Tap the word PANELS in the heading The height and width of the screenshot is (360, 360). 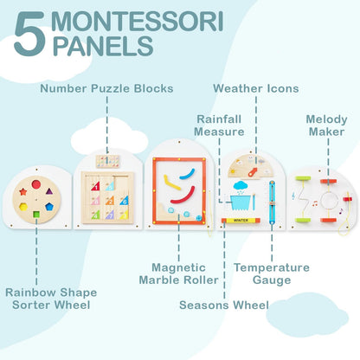[103, 47]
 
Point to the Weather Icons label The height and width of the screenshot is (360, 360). [256, 87]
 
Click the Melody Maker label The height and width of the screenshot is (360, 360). [327, 125]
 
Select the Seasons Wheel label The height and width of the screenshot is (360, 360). [223, 305]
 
